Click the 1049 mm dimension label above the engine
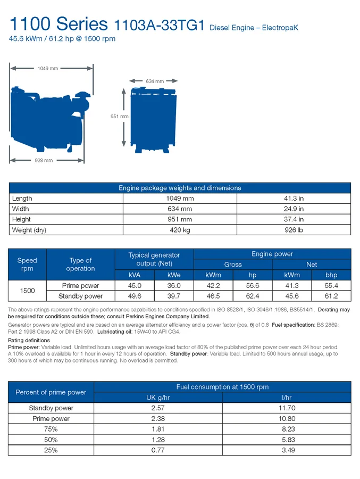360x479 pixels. (48, 69)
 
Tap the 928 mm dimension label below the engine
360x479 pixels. (44, 160)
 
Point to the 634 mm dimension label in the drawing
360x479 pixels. (154, 81)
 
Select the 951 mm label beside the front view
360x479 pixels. (119, 117)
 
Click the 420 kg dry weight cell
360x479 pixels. (180, 230)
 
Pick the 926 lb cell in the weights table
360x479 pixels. (294, 230)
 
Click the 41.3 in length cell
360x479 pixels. (294, 199)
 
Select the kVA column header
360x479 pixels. (135, 275)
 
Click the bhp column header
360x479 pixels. (331, 275)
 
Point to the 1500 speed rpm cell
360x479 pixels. (27, 291)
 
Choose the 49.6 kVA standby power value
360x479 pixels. (135, 296)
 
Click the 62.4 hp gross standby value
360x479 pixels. (253, 296)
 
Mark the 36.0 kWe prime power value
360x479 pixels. (174, 286)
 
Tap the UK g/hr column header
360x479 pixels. (158, 398)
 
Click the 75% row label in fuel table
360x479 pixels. (51, 429)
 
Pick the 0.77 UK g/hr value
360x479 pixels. (158, 450)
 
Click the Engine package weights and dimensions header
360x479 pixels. (180, 188)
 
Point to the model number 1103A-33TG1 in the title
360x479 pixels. (159, 25)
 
